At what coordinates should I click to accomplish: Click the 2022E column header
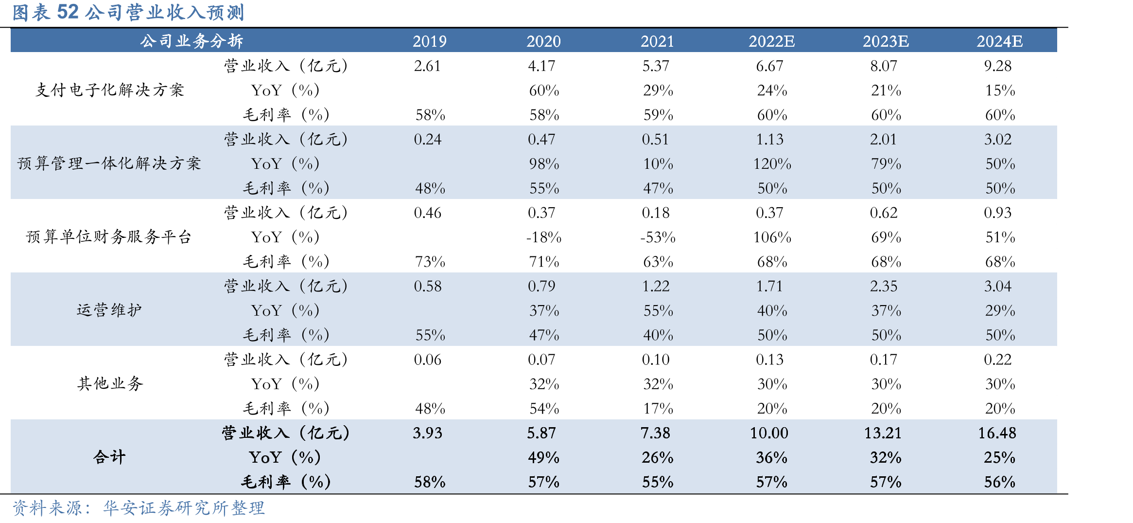tap(771, 41)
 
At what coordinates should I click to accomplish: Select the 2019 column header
tap(430, 41)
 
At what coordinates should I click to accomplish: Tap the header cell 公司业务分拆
tap(192, 41)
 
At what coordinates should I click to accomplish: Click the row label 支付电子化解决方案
tap(110, 90)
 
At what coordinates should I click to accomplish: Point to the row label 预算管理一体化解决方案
tap(109, 163)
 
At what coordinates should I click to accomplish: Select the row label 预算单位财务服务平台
tap(109, 237)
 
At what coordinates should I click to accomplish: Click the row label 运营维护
tap(109, 310)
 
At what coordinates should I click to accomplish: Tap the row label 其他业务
tap(110, 384)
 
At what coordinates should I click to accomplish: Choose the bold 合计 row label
tap(109, 457)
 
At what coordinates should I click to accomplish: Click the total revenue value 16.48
tap(997, 433)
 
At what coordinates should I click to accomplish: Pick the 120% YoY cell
tap(772, 164)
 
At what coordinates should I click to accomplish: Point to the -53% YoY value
tap(658, 237)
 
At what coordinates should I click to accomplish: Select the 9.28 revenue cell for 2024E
tap(998, 66)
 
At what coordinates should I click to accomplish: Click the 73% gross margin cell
tap(430, 262)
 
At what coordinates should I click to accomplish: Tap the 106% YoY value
tap(772, 237)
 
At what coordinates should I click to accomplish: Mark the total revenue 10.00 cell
tap(769, 433)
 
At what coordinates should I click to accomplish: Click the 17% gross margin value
tap(658, 409)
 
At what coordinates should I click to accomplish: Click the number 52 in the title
tap(68, 12)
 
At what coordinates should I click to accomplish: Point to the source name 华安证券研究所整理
tap(184, 508)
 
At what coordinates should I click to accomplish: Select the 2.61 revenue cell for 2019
tap(427, 66)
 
